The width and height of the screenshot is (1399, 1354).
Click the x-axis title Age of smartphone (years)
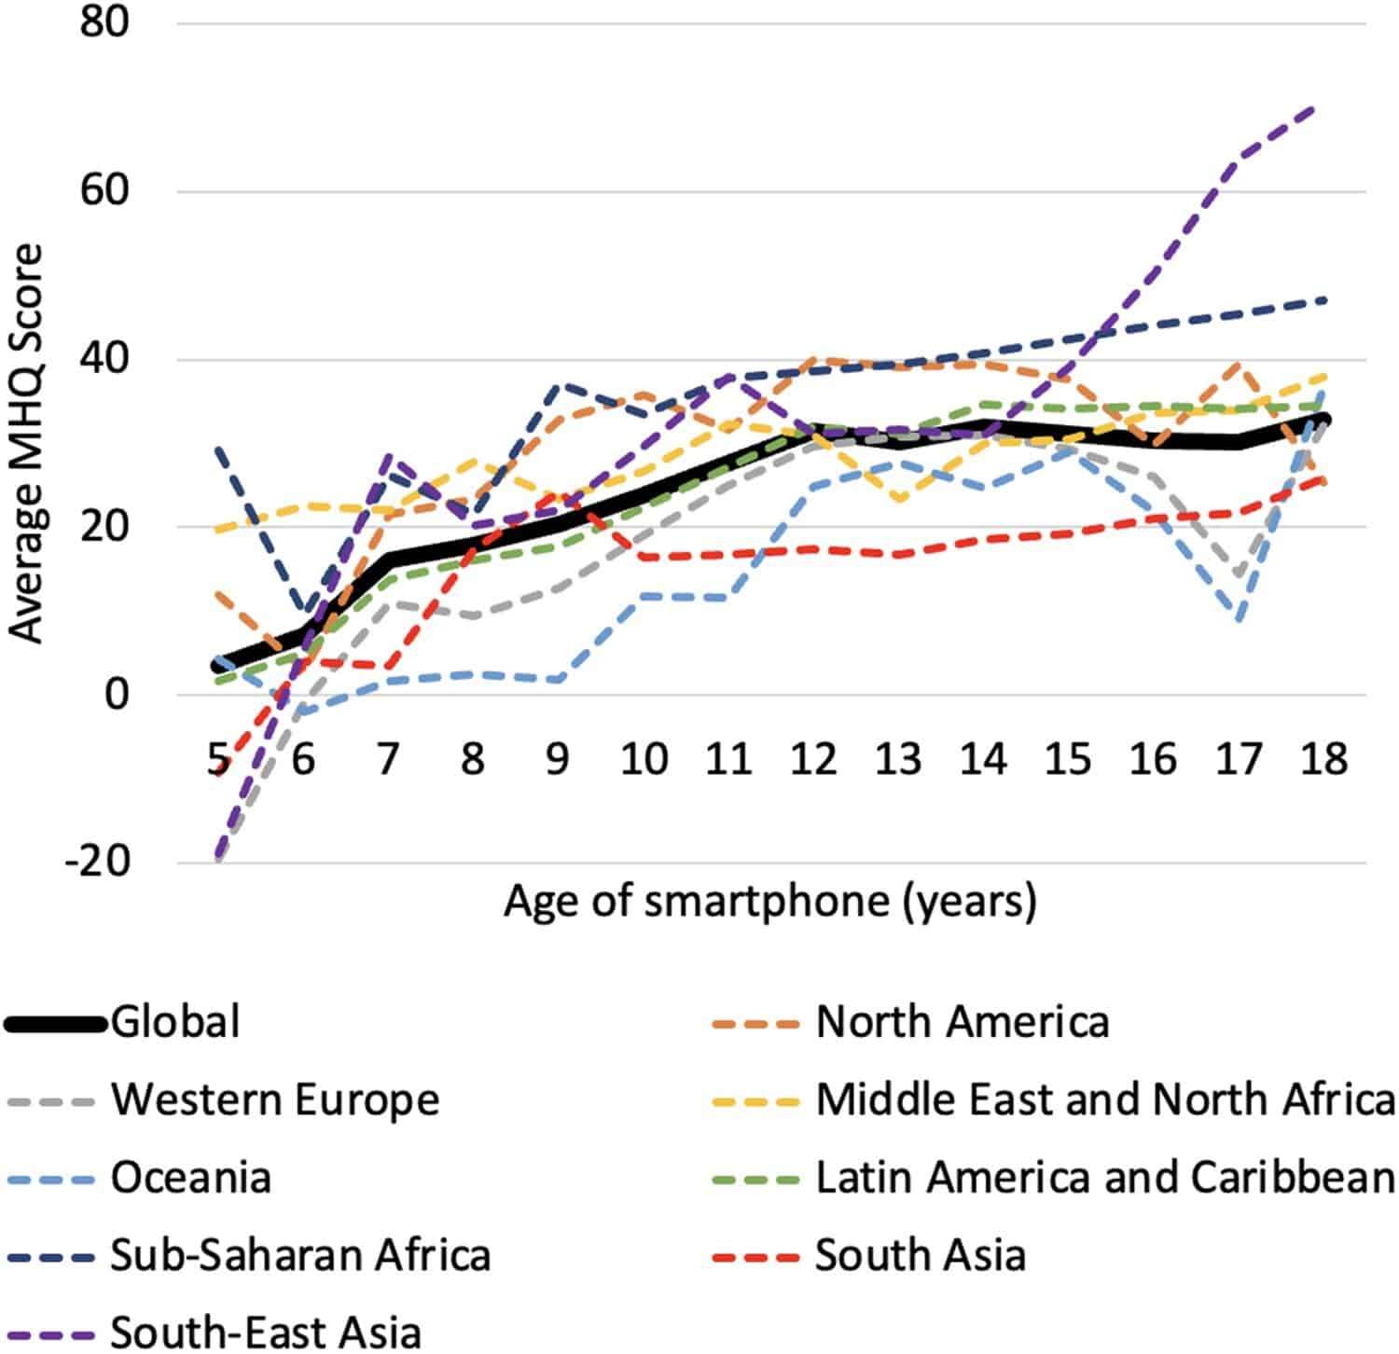pyautogui.click(x=770, y=903)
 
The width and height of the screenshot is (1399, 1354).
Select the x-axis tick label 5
pyautogui.click(x=218, y=759)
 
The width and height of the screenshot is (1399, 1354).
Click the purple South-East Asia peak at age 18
pyautogui.click(x=1315, y=108)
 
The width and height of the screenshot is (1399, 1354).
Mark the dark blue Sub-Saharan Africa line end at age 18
pyautogui.click(x=1325, y=299)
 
